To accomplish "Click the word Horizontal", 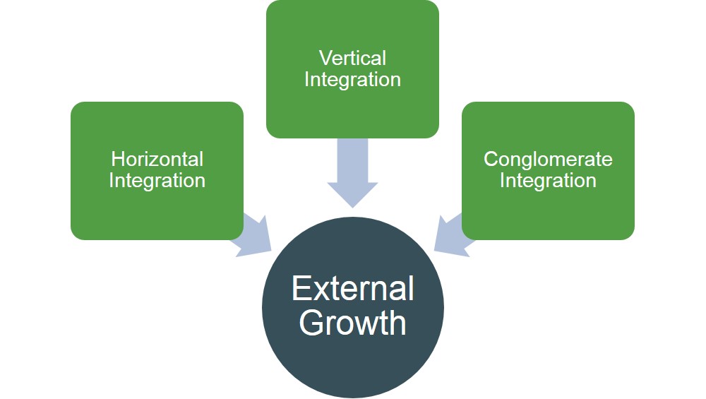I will pos(157,159).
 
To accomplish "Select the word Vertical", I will pos(352,57).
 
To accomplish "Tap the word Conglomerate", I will pos(548,159).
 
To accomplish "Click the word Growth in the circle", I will pos(352,322).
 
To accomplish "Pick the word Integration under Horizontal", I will pos(157,181).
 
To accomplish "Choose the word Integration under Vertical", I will pos(352,79).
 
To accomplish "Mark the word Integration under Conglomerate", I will pos(548,181).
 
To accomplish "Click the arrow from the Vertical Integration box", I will pos(352,173).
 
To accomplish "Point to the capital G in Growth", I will pos(311,322).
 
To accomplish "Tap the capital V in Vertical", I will pos(325,57).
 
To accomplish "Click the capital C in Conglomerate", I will pos(491,159).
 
